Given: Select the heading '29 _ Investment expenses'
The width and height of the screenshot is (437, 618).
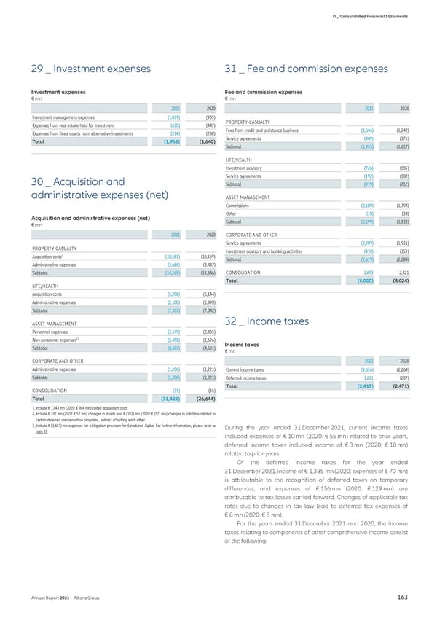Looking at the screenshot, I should point(87,69).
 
